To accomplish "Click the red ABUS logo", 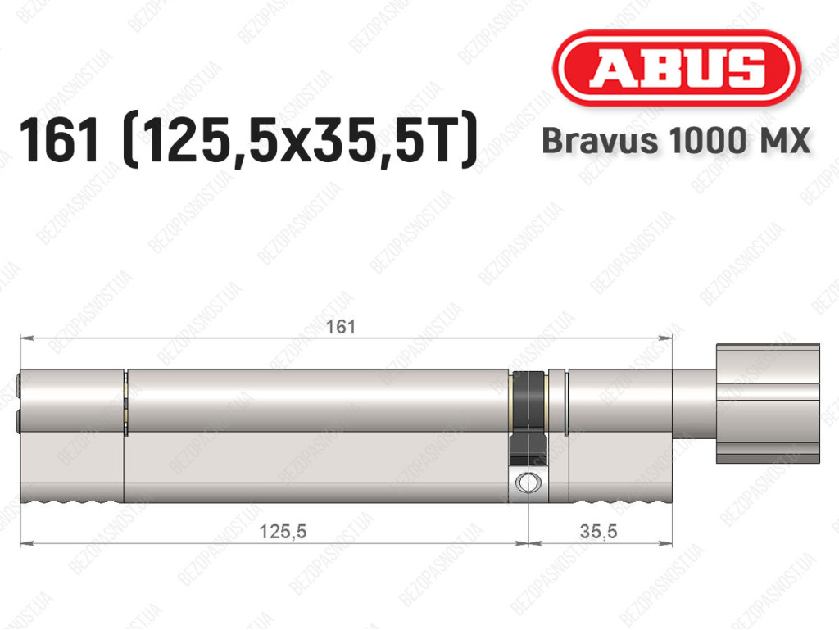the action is click(676, 68).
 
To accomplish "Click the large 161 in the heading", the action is click(59, 141).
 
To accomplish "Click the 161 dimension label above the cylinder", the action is click(341, 327).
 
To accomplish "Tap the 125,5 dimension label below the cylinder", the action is click(283, 532).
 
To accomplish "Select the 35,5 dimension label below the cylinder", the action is click(598, 532).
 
